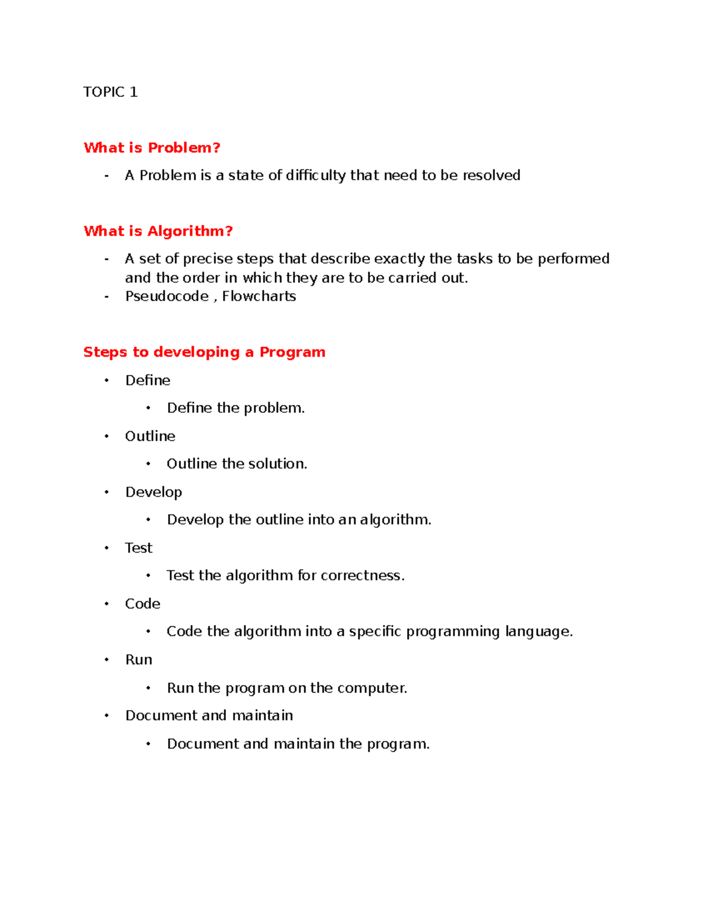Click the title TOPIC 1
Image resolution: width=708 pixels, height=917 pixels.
pyautogui.click(x=110, y=92)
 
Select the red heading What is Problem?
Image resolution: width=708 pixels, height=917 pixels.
pyautogui.click(x=152, y=148)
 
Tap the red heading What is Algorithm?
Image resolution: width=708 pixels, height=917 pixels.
pyautogui.click(x=158, y=231)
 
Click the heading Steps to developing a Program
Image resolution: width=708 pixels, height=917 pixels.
pyautogui.click(x=204, y=352)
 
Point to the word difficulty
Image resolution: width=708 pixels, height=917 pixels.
pyautogui.click(x=316, y=175)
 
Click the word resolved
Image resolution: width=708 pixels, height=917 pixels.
pyautogui.click(x=491, y=175)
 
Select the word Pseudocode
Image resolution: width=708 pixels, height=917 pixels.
pyautogui.click(x=167, y=296)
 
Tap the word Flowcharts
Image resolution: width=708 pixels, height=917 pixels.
pyautogui.click(x=259, y=296)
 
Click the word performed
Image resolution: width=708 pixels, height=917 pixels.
pyautogui.click(x=573, y=259)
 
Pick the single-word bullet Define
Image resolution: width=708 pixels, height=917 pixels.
pyautogui.click(x=147, y=380)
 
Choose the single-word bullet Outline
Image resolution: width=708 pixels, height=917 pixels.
pyautogui.click(x=150, y=436)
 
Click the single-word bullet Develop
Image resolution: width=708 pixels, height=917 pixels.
pyautogui.click(x=153, y=492)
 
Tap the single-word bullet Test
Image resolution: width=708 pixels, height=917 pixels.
pyautogui.click(x=139, y=548)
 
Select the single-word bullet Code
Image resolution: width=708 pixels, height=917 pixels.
pyautogui.click(x=143, y=604)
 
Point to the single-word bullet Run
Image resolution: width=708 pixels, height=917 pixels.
pyautogui.click(x=139, y=660)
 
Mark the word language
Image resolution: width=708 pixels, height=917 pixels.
pyautogui.click(x=539, y=632)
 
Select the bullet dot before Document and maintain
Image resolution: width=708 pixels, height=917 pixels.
pyautogui.click(x=107, y=716)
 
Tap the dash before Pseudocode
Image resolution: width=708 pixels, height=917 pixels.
pyautogui.click(x=106, y=296)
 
